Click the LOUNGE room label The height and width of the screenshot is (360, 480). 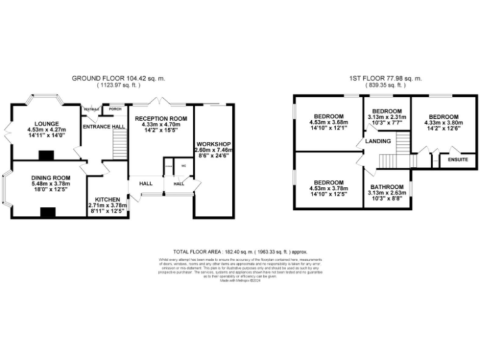tap(46, 124)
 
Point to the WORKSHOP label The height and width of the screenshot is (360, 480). tap(214, 143)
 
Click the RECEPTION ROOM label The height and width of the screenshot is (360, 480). tap(161, 119)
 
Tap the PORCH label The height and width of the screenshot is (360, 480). tap(115, 109)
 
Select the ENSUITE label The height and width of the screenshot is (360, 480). tap(458, 160)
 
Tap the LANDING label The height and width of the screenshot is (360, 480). tap(379, 141)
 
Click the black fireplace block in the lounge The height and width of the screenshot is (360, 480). tap(46, 155)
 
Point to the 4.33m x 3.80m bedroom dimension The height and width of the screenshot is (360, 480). tap(443, 123)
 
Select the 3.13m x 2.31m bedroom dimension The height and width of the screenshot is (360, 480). tap(387, 117)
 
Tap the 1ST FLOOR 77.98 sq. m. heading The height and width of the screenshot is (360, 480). tap(386, 78)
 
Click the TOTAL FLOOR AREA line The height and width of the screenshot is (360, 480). tap(240, 249)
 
